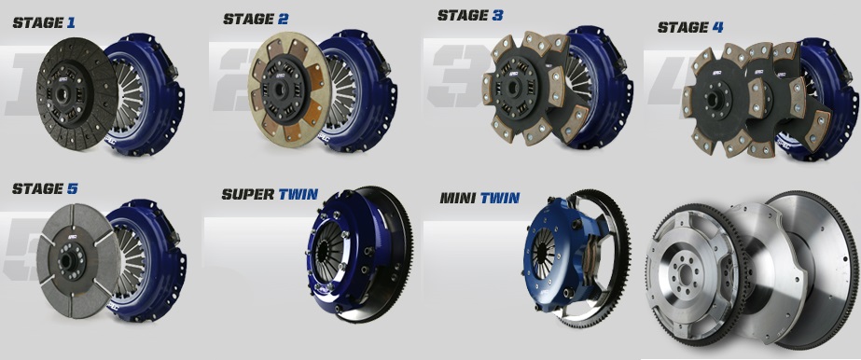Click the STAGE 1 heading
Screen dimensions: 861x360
point(44,22)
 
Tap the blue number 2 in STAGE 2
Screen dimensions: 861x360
point(283,20)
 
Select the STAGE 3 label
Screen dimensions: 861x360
point(470,15)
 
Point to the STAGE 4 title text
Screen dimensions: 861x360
point(690,27)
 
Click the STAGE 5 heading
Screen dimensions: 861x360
point(45,188)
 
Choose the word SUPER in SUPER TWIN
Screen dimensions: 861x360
point(247,194)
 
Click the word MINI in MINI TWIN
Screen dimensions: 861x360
point(459,198)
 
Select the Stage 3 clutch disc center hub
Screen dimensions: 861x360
point(515,86)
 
